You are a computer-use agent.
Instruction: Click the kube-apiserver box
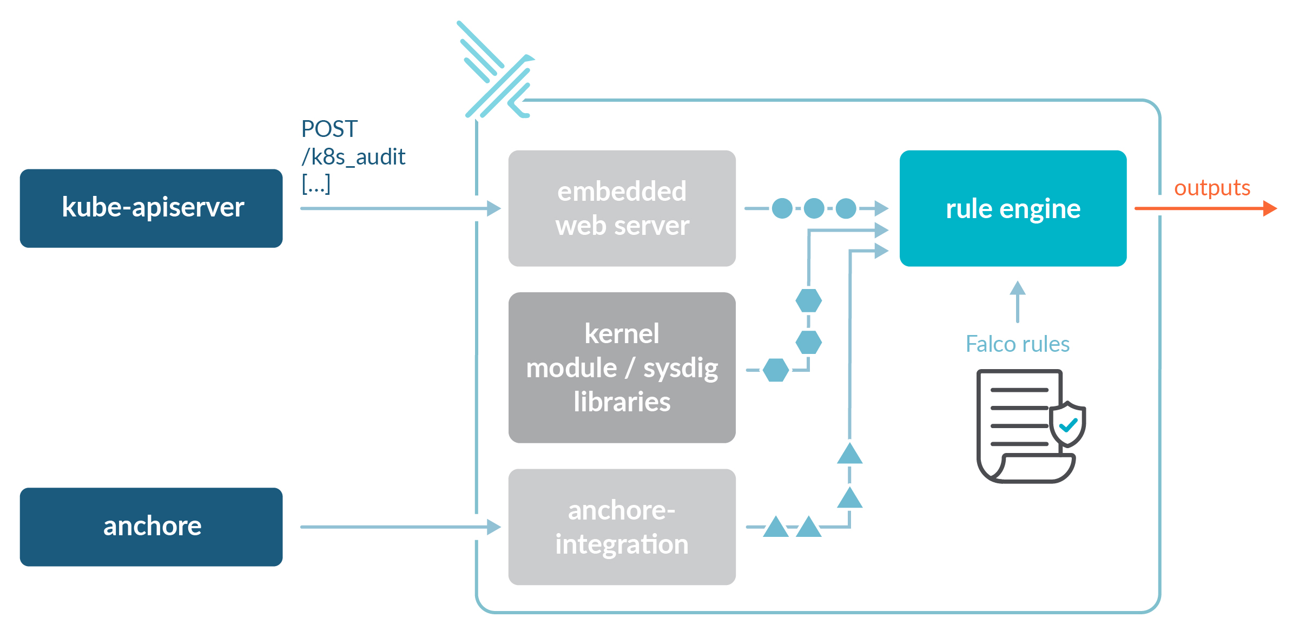[x=151, y=208]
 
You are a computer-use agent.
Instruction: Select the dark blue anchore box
[x=151, y=527]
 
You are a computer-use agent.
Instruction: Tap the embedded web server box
[x=622, y=208]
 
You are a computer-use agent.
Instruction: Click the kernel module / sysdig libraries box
[x=622, y=367]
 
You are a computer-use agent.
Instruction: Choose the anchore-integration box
[x=622, y=527]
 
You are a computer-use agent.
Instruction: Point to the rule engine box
[x=1013, y=208]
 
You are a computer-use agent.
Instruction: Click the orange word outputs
[x=1212, y=188]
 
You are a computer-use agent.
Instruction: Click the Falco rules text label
[x=1017, y=344]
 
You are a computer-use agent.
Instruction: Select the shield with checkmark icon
[x=1067, y=424]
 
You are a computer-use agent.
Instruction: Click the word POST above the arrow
[x=329, y=129]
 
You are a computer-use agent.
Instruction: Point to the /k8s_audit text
[x=353, y=157]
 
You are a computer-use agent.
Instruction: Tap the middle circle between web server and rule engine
[x=814, y=208]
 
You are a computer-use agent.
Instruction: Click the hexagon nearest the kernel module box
[x=776, y=370]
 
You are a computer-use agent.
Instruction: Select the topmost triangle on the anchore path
[x=849, y=454]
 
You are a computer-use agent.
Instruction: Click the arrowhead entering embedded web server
[x=493, y=208]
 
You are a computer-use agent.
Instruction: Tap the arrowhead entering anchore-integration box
[x=493, y=527]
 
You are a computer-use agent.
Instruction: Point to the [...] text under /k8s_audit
[x=316, y=185]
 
